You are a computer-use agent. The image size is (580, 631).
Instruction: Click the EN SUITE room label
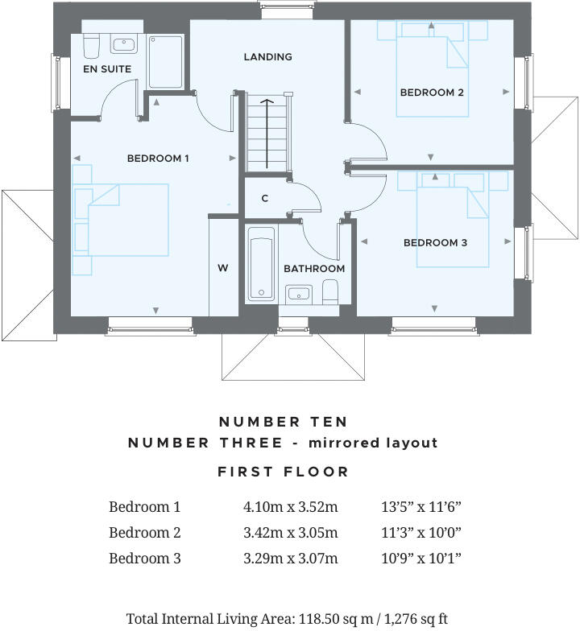pos(107,69)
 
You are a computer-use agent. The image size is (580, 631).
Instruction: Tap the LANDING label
pos(267,56)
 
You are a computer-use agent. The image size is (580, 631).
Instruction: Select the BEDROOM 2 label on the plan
pos(432,93)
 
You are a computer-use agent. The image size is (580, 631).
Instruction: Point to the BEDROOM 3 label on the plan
pos(435,242)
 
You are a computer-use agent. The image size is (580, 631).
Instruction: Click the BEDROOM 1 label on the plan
pos(158,159)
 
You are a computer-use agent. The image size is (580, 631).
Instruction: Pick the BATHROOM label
pos(314,268)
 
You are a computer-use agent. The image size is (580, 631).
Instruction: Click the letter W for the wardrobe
pos(223,268)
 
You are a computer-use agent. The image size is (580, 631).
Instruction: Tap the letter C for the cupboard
pos(264,198)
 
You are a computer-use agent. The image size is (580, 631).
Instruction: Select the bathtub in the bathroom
pos(261,265)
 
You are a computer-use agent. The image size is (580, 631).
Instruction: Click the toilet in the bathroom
pos(329,291)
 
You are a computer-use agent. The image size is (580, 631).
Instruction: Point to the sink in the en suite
pos(123,44)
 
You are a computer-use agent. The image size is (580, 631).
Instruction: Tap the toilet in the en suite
pos(90,46)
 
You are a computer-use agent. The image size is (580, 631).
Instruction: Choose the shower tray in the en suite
pos(165,61)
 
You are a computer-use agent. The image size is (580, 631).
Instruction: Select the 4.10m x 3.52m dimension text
pos(290,507)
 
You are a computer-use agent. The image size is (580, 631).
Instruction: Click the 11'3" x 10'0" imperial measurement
pos(420,533)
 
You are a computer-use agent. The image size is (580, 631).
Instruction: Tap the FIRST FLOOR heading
pos(284,472)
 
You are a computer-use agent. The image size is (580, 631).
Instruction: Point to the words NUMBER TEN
pos(284,422)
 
